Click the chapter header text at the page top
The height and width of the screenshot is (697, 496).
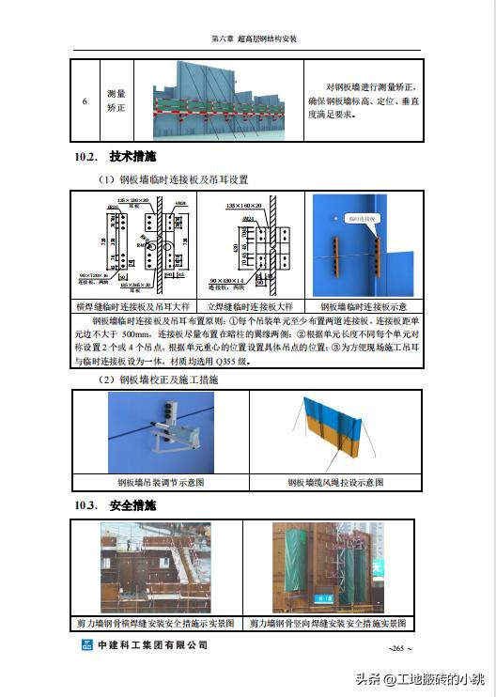point(254,39)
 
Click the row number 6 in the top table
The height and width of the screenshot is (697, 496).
point(85,101)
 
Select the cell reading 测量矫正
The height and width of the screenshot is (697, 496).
point(116,101)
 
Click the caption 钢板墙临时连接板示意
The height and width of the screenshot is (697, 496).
point(364,306)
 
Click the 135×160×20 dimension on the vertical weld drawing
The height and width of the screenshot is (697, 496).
point(245,204)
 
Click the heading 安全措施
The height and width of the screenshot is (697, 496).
point(132,506)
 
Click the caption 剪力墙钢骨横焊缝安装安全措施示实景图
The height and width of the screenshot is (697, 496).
point(159,623)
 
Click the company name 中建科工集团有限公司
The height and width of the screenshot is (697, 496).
point(152,645)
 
